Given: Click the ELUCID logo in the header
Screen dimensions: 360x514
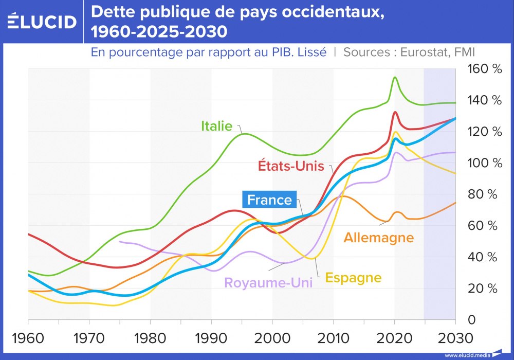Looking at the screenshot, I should coord(42,22).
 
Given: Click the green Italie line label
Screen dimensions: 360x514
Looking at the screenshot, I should coord(216,126).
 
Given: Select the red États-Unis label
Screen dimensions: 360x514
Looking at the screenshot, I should coord(290,166).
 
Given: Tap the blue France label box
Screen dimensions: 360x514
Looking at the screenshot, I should coord(269,200).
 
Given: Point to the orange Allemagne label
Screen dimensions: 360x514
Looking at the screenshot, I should coord(378,238).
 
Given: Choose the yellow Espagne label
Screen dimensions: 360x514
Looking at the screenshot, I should coord(353,278).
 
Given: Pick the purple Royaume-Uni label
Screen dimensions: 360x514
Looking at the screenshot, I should coord(268,283).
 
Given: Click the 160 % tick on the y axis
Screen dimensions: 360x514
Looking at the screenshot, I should coord(483,68).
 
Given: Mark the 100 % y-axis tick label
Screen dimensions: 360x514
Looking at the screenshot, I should coord(483,163).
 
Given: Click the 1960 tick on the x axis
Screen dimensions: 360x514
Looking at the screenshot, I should coord(28,339).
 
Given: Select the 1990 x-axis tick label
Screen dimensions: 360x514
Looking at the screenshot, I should coord(211,339).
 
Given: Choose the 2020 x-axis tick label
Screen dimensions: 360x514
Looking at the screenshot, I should coord(394,339).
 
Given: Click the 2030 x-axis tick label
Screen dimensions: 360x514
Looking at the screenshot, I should coord(454,339).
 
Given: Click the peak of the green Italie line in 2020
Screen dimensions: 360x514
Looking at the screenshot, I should coord(395,78).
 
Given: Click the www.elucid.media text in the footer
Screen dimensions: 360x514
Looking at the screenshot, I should coord(467,355).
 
